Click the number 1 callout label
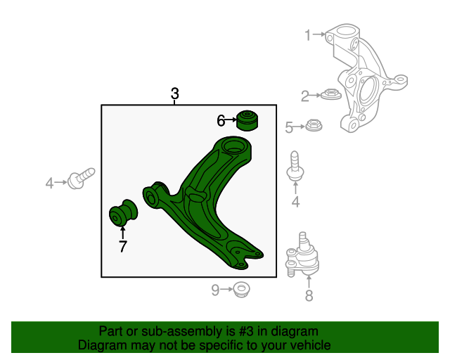coord(308,35)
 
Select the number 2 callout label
coord(305,96)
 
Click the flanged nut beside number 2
coord(331,94)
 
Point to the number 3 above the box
coord(175,94)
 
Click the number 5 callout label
coord(289,127)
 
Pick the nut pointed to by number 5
coord(314,125)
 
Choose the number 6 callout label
coord(221,120)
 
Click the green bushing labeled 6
coord(247,120)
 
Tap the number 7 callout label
coord(123,246)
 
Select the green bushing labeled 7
coord(124,213)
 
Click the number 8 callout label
coord(309,296)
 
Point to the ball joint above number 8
coord(302,256)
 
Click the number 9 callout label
coord(215,290)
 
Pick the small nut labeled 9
coord(241,290)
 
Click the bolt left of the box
coord(81,179)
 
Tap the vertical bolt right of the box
coord(295,166)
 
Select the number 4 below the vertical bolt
coord(295,202)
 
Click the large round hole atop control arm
coord(234,146)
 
